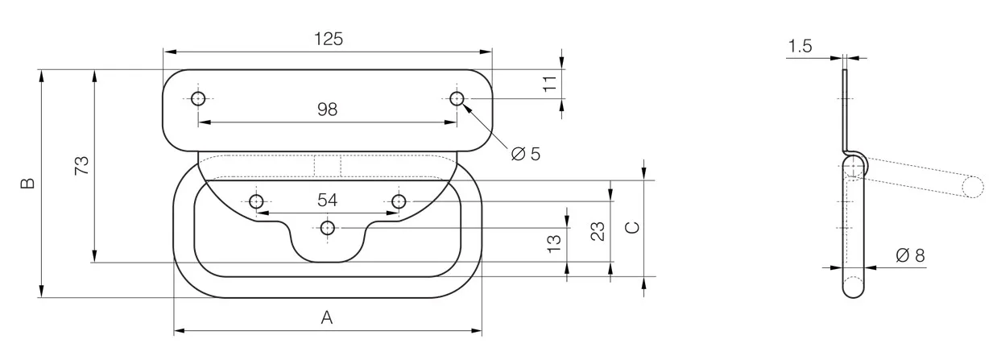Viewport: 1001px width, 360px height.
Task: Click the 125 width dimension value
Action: click(x=329, y=39)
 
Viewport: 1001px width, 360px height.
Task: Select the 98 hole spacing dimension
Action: click(x=327, y=110)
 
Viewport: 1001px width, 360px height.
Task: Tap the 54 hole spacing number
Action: click(x=327, y=200)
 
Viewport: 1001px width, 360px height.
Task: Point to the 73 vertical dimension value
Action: click(x=82, y=165)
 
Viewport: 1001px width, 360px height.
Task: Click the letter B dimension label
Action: click(x=28, y=183)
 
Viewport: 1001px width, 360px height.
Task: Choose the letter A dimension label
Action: click(x=327, y=317)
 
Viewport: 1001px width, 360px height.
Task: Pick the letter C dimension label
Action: click(x=632, y=228)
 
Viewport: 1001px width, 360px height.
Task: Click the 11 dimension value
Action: click(x=550, y=84)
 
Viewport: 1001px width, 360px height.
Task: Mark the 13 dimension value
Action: click(x=554, y=243)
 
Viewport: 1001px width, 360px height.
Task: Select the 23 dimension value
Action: click(x=598, y=231)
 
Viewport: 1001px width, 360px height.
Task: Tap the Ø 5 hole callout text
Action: click(x=526, y=154)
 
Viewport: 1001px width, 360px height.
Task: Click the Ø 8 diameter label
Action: click(x=910, y=255)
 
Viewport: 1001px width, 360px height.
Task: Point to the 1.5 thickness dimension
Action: click(x=800, y=46)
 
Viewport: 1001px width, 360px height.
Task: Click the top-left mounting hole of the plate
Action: click(x=198, y=98)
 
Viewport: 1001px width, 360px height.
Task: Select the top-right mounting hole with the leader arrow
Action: click(x=457, y=98)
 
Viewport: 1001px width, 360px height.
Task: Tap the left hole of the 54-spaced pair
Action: click(x=256, y=201)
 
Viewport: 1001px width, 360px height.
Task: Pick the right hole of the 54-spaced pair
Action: click(x=399, y=201)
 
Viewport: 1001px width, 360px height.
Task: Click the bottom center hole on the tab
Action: click(x=328, y=228)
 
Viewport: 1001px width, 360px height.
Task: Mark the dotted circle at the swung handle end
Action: click(x=973, y=187)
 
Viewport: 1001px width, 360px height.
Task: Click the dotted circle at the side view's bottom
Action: click(x=853, y=287)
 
